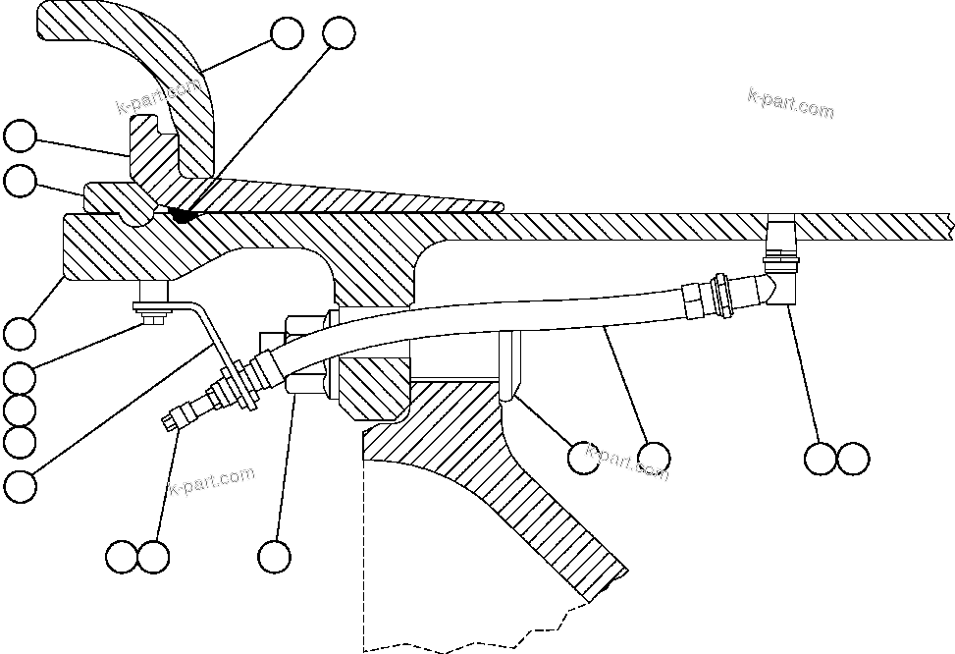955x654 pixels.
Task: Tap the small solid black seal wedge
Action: (181, 213)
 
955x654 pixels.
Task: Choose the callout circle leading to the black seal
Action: (338, 32)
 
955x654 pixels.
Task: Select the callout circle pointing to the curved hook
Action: (288, 33)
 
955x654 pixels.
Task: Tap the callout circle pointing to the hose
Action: (653, 457)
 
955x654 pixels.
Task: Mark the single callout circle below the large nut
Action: (275, 557)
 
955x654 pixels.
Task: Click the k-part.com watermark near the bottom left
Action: (212, 482)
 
